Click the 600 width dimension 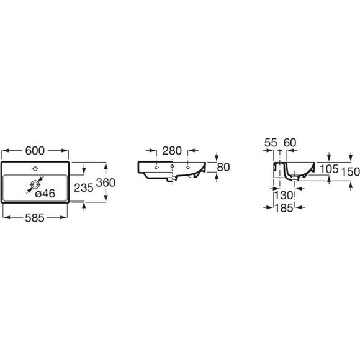[35, 151]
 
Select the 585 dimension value [35, 218]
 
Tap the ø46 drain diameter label [45, 194]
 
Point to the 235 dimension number [84, 188]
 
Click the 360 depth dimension [106, 182]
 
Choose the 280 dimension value [172, 151]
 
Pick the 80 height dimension [223, 167]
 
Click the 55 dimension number [271, 143]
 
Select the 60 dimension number [290, 143]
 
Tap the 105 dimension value [329, 169]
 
